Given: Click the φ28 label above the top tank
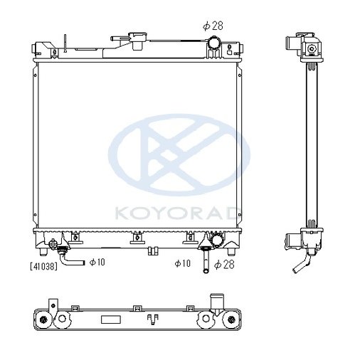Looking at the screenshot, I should [213, 26].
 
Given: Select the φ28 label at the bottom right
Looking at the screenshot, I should [223, 264].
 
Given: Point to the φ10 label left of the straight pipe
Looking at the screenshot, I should [184, 264].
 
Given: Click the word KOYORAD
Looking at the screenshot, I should [179, 211].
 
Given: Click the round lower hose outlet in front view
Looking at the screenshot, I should [211, 242].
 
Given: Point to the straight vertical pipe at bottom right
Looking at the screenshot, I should [205, 263].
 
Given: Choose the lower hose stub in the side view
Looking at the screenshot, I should [292, 241].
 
